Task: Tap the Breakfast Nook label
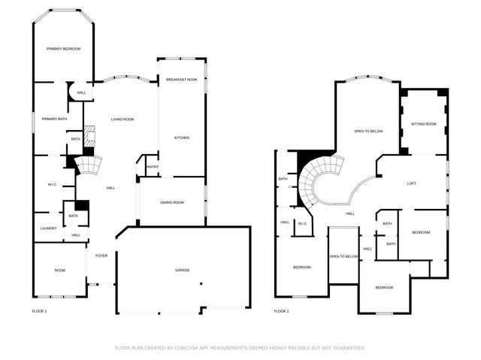point(182,79)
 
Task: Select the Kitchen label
point(182,138)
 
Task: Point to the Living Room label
point(123,119)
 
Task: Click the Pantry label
point(152,167)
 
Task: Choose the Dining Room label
point(172,202)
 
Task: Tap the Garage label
point(183,270)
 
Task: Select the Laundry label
point(48,228)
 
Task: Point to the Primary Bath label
point(54,119)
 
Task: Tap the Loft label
point(411,183)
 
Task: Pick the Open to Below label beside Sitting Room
point(368,132)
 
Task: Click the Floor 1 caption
point(39,311)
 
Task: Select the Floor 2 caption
point(281,311)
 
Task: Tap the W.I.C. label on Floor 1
point(53,184)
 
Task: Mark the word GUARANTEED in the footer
point(349,348)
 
